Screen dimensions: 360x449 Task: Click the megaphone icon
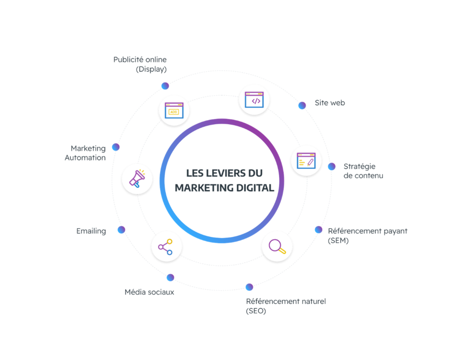click(x=137, y=179)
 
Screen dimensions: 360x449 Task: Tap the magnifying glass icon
click(x=277, y=246)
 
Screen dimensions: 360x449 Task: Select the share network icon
click(x=166, y=247)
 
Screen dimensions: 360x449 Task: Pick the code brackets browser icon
click(x=254, y=100)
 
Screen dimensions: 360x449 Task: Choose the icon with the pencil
click(x=306, y=160)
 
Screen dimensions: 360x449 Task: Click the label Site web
click(x=329, y=103)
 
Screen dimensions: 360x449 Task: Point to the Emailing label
click(x=91, y=231)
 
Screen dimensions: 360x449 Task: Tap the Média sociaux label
click(x=150, y=292)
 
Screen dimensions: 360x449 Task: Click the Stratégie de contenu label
click(x=363, y=171)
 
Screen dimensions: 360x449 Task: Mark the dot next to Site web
click(x=302, y=105)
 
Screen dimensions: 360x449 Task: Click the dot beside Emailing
click(x=121, y=230)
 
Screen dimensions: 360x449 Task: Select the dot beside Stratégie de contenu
click(x=331, y=167)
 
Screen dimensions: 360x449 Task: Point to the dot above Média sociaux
click(x=170, y=277)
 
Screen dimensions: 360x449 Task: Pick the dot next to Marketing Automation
click(x=116, y=147)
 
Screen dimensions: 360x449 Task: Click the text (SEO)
click(x=256, y=311)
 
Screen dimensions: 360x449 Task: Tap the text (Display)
click(x=151, y=69)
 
